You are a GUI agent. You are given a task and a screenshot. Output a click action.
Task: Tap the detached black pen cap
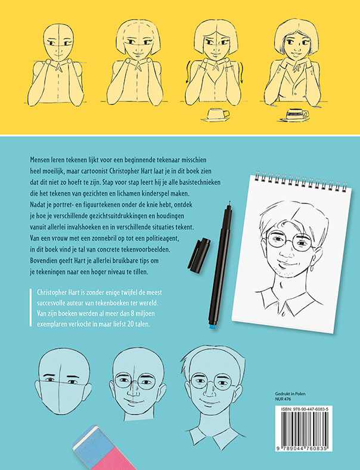(x=199, y=255)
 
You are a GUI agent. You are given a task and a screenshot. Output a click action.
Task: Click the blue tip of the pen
(x=212, y=326)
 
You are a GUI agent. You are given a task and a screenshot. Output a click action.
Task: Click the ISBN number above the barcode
(x=305, y=409)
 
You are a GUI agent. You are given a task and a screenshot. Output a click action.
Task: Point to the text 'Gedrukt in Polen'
(x=290, y=394)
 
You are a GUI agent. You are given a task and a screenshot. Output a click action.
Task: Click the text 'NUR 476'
(x=283, y=399)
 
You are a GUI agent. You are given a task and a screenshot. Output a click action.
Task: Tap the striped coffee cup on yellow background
(x=296, y=115)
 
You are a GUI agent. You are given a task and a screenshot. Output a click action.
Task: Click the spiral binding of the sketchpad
(x=300, y=181)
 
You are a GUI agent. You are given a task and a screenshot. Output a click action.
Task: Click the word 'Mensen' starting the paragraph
(x=39, y=160)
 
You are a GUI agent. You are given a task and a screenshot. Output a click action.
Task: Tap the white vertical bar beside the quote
(x=30, y=307)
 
